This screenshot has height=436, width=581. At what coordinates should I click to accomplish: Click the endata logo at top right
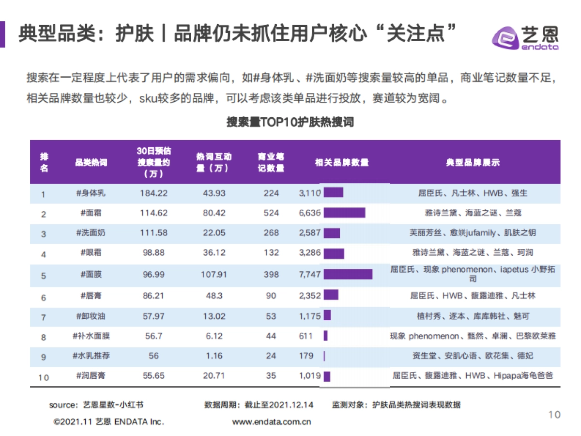point(525,36)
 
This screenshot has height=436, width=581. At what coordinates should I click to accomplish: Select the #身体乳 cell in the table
point(91,193)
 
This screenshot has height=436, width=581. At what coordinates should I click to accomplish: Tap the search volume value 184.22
point(153,193)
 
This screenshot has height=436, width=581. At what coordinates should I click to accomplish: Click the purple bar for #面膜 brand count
point(348,274)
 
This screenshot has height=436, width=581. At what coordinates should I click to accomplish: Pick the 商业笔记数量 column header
point(271,162)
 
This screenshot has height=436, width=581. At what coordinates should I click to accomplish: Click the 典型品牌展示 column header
point(473,163)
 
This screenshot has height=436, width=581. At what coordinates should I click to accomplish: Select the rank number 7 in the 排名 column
point(44,317)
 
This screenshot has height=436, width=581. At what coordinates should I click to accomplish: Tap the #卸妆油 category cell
point(91,316)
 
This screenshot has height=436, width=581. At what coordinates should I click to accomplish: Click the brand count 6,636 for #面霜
point(310,213)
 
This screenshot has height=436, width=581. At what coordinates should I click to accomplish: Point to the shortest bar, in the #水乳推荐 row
point(324,356)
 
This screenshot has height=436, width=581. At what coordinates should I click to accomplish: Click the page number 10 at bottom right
point(554,414)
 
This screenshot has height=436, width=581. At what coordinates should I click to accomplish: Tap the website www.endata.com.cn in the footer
point(271,421)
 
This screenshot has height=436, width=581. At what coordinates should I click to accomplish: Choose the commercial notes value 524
point(271,213)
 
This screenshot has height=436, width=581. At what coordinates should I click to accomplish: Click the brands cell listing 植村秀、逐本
point(473,316)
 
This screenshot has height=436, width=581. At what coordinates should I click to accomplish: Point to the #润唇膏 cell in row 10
point(91,375)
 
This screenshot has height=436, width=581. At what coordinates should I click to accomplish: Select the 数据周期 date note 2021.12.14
point(259,405)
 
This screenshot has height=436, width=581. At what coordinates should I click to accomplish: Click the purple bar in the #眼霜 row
point(334,253)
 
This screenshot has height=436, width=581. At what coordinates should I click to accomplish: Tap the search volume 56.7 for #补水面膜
point(153,336)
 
